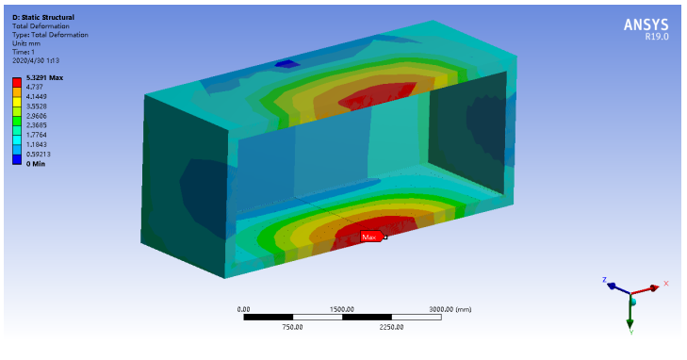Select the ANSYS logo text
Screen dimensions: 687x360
[x=646, y=25]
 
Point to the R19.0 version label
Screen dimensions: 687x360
[x=657, y=37]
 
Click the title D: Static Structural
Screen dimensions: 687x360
[x=43, y=18]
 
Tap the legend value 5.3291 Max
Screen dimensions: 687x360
[x=44, y=78]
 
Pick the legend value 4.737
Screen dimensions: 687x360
[x=35, y=87]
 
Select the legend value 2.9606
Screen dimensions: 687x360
[x=37, y=116]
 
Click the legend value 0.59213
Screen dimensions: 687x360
[x=38, y=155]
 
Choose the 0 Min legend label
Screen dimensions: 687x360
[x=36, y=164]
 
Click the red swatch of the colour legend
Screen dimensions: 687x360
[x=17, y=82]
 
